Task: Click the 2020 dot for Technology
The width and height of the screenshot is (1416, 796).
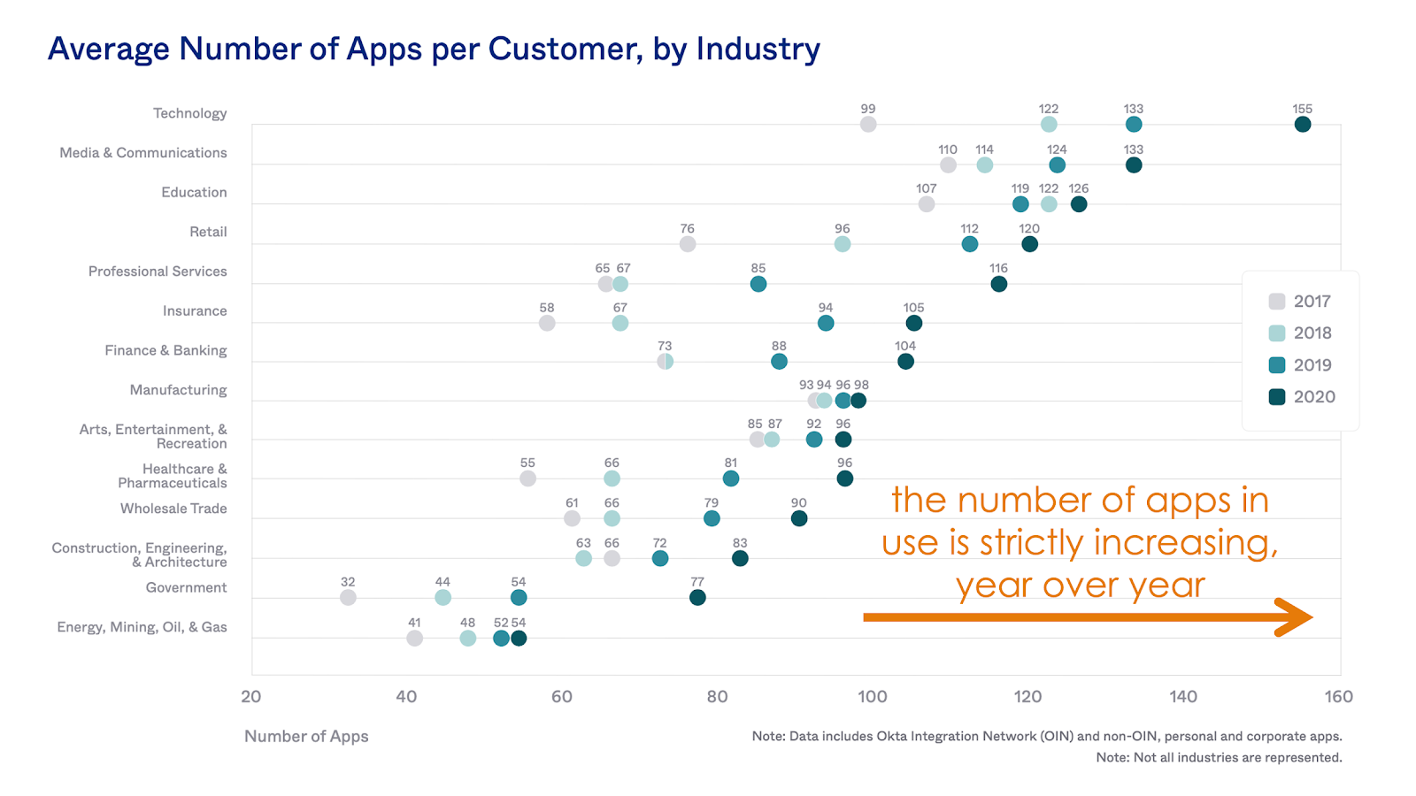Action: tap(1302, 125)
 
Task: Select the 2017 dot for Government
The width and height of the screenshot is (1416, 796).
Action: tap(348, 598)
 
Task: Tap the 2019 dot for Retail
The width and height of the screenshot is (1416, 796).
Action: tap(969, 244)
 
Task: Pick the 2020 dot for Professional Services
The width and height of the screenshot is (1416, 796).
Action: tap(998, 284)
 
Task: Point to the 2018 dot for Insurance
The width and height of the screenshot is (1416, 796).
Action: tap(619, 324)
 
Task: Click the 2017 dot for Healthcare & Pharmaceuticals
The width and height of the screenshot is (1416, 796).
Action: tap(527, 478)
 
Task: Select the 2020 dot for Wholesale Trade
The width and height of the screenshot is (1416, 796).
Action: tap(798, 518)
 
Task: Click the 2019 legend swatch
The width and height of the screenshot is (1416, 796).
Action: tap(1276, 365)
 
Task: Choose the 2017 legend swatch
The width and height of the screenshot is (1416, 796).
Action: tap(1276, 302)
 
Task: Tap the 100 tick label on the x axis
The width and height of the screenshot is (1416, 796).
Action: tap(872, 697)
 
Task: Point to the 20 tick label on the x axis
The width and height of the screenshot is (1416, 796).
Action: tap(251, 697)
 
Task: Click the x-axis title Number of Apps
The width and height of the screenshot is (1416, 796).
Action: tap(306, 737)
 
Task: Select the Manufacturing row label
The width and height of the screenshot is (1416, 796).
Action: tap(178, 390)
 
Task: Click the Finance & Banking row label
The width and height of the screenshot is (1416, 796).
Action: tap(165, 350)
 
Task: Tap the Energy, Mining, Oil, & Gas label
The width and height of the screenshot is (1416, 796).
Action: tap(142, 627)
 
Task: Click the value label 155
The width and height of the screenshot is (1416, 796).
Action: tap(1302, 110)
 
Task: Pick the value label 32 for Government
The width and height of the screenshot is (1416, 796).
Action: tap(348, 583)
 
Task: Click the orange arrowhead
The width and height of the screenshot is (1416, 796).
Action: tap(1295, 617)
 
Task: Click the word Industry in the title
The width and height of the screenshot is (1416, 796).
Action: tap(758, 50)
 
